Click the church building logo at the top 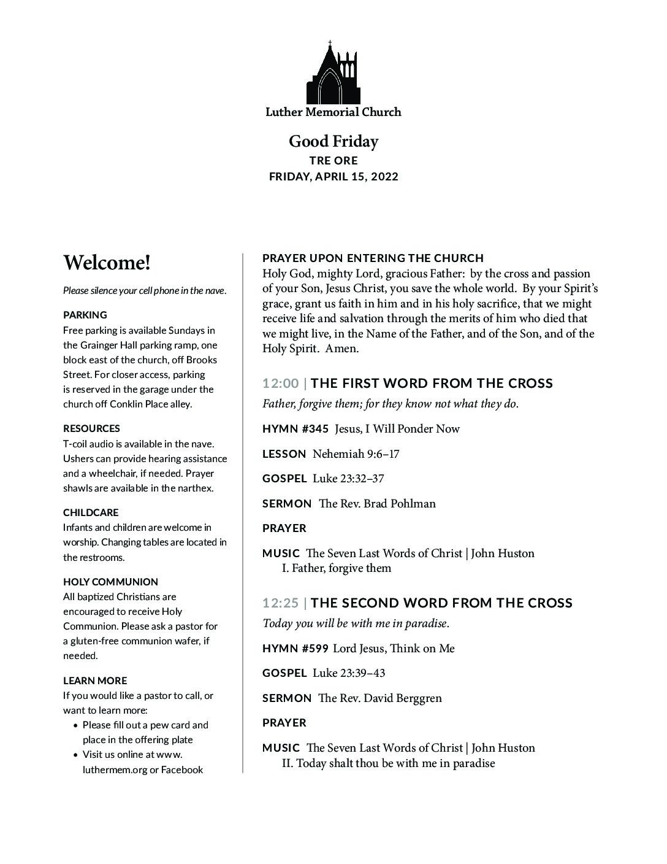click(332, 74)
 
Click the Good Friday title click(333, 142)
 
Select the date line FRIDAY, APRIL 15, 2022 click(333, 177)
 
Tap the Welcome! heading click(107, 263)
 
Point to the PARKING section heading click(85, 315)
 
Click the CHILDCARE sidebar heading click(91, 512)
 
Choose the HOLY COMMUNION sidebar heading click(110, 582)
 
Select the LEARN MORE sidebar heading click(95, 681)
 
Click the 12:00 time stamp click(280, 384)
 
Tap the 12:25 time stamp click(280, 603)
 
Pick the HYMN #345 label click(295, 429)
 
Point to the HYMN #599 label click(295, 649)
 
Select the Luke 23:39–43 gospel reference click(349, 673)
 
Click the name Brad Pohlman click(400, 504)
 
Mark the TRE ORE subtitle click(333, 160)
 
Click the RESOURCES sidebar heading click(91, 428)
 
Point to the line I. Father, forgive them click(337, 568)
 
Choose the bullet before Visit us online click(75, 755)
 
